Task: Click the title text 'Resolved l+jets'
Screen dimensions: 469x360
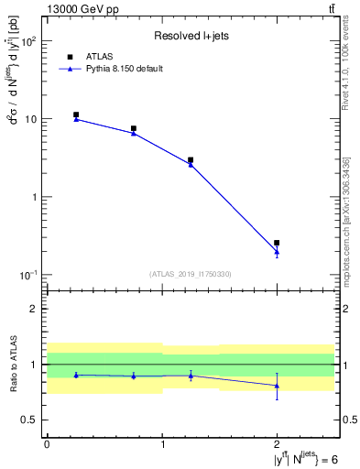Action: click(x=190, y=36)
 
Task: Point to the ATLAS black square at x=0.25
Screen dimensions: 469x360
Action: click(x=76, y=115)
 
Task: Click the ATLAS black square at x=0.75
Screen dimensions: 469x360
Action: click(x=134, y=129)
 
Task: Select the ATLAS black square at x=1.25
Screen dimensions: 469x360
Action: click(x=191, y=160)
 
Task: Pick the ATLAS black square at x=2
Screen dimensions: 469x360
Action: click(x=277, y=243)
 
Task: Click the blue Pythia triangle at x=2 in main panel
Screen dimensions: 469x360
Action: click(x=277, y=252)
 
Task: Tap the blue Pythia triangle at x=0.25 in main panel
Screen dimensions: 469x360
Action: click(x=76, y=119)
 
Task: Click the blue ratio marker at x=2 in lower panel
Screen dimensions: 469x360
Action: click(x=277, y=386)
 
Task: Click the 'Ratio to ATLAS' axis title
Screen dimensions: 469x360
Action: click(x=11, y=365)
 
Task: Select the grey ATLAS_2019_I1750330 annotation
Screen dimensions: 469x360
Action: click(x=190, y=274)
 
